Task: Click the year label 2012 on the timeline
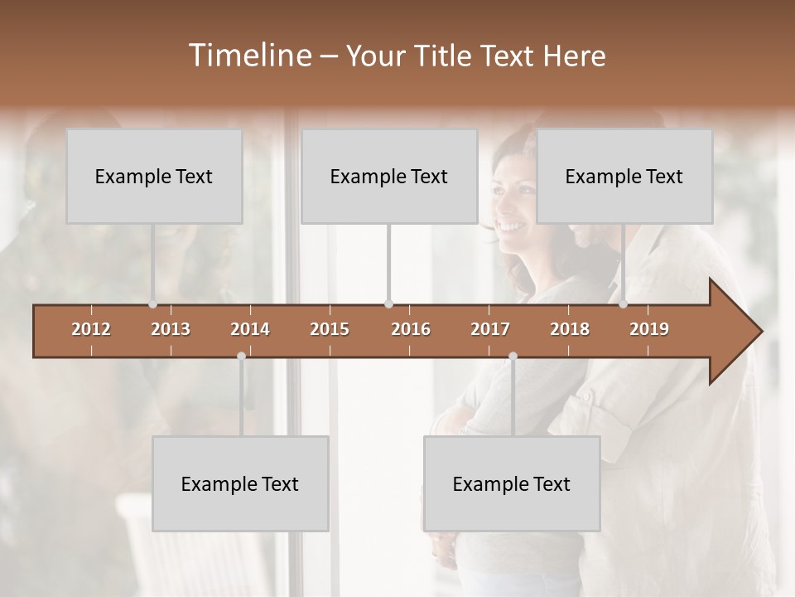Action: tap(91, 329)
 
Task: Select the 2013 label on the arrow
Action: tap(171, 329)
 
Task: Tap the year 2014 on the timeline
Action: tap(250, 329)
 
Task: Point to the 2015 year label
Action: tap(330, 329)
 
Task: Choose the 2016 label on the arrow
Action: tap(411, 329)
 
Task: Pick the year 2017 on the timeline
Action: tap(490, 329)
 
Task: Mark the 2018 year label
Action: tap(570, 329)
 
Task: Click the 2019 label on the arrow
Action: tap(649, 329)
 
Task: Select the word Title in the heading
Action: tap(445, 56)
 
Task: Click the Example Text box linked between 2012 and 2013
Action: tap(154, 177)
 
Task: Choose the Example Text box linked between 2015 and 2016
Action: tap(389, 177)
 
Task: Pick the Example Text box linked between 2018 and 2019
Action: tap(624, 177)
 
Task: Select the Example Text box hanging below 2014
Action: tap(240, 484)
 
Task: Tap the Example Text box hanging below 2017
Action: tap(512, 484)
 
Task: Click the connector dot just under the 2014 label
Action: tap(241, 357)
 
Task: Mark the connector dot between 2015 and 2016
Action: tap(389, 304)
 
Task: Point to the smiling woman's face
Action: tap(515, 197)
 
